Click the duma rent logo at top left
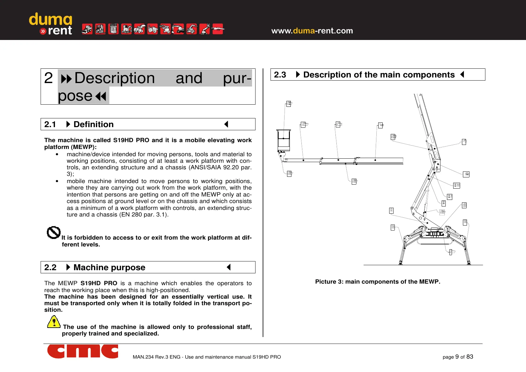tap(51, 24)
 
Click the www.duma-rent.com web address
tap(312, 31)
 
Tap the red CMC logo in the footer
tap(83, 351)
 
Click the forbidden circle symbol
tap(53, 233)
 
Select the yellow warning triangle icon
tap(54, 322)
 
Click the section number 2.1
tap(50, 124)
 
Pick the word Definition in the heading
tap(93, 124)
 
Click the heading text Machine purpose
tap(109, 267)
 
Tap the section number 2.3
tap(280, 75)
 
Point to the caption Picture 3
tap(378, 281)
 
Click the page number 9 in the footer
tap(457, 357)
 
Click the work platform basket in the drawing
tap(284, 140)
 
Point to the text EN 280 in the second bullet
tap(131, 215)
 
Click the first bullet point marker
tap(57, 154)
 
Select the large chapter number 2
tap(49, 78)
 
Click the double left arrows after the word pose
tap(101, 96)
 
